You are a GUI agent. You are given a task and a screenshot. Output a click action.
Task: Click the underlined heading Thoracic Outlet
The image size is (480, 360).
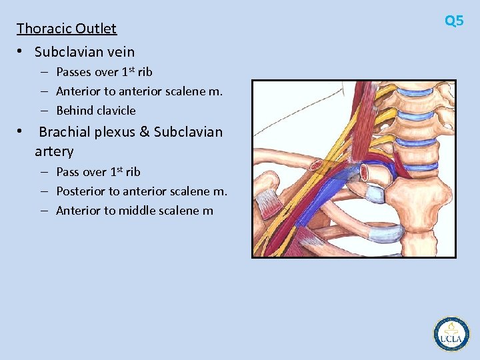(67, 29)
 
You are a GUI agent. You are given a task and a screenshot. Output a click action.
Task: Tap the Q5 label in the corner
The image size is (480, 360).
(454, 21)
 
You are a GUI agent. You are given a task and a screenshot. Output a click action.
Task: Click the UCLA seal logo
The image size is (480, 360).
(451, 334)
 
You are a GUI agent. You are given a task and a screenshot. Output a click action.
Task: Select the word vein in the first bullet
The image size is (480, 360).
(120, 52)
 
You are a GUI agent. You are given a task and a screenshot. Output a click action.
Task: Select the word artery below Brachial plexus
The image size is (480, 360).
(54, 151)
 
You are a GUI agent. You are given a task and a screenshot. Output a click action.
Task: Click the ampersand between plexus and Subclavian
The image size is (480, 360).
(145, 132)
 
